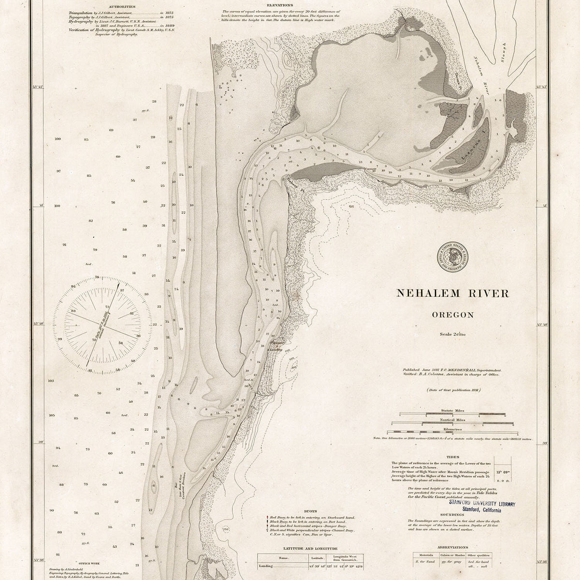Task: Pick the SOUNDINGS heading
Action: pyautogui.click(x=452, y=515)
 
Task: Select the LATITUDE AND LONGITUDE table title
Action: pyautogui.click(x=307, y=549)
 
